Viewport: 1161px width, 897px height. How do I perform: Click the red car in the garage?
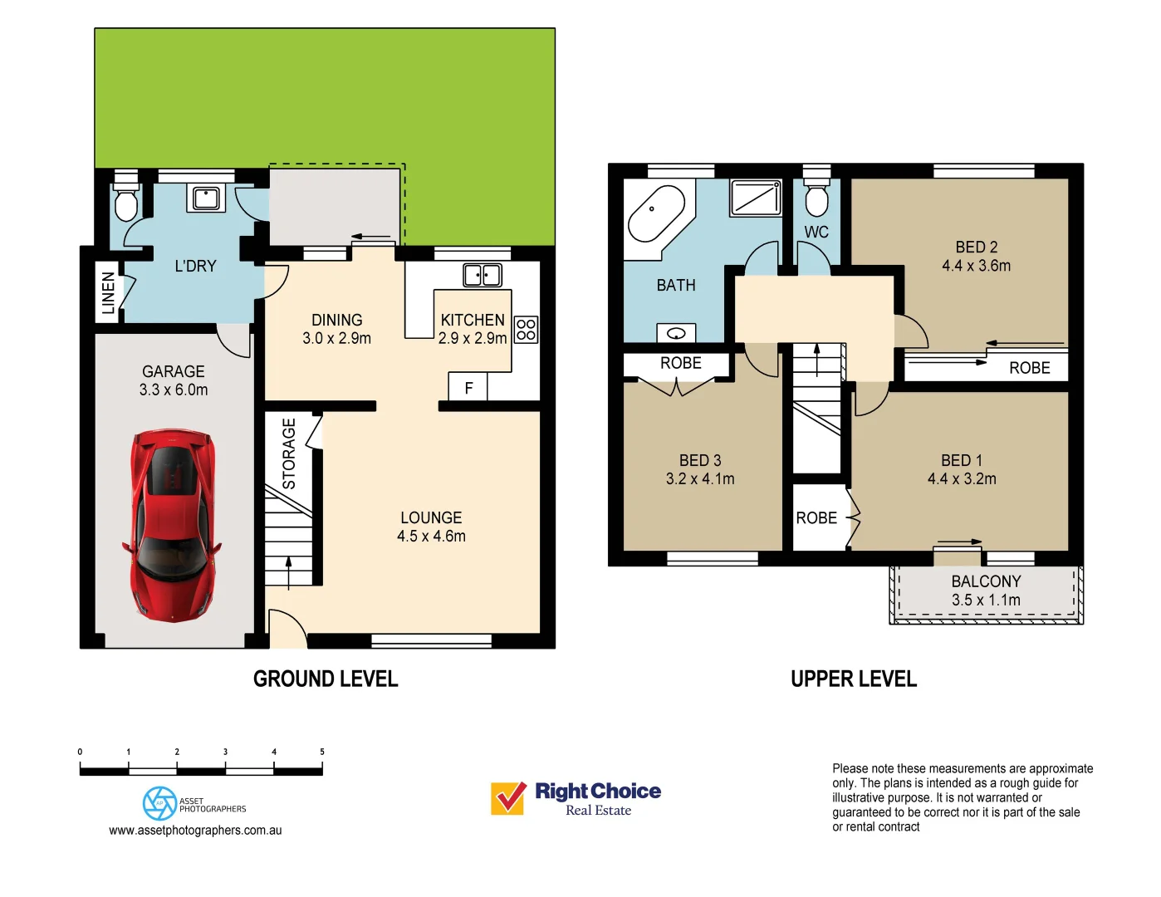click(173, 525)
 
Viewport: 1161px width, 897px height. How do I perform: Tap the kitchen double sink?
click(483, 276)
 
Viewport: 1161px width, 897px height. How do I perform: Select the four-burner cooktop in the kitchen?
click(526, 330)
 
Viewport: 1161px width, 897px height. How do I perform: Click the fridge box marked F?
click(468, 386)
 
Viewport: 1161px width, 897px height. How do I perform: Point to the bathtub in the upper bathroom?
click(657, 214)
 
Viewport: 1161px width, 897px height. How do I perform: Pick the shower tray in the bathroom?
click(756, 199)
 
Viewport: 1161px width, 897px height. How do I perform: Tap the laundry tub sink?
click(206, 199)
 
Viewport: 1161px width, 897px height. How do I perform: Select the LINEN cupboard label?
click(109, 292)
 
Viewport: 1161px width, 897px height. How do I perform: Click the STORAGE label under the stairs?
click(289, 453)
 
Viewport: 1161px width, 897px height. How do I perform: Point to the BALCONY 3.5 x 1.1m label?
click(986, 591)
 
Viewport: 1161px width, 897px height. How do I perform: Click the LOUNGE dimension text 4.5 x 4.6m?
click(431, 536)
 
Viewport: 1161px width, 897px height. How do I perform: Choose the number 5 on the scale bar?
click(322, 752)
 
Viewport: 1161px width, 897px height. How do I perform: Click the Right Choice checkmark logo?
click(508, 798)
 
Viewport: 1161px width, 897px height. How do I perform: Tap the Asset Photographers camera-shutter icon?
click(159, 803)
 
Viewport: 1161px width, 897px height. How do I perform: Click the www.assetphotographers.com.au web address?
click(195, 831)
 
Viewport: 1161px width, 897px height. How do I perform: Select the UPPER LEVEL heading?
click(853, 679)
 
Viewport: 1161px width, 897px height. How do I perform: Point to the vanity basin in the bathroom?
click(676, 334)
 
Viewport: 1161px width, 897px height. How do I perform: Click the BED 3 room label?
click(700, 460)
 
